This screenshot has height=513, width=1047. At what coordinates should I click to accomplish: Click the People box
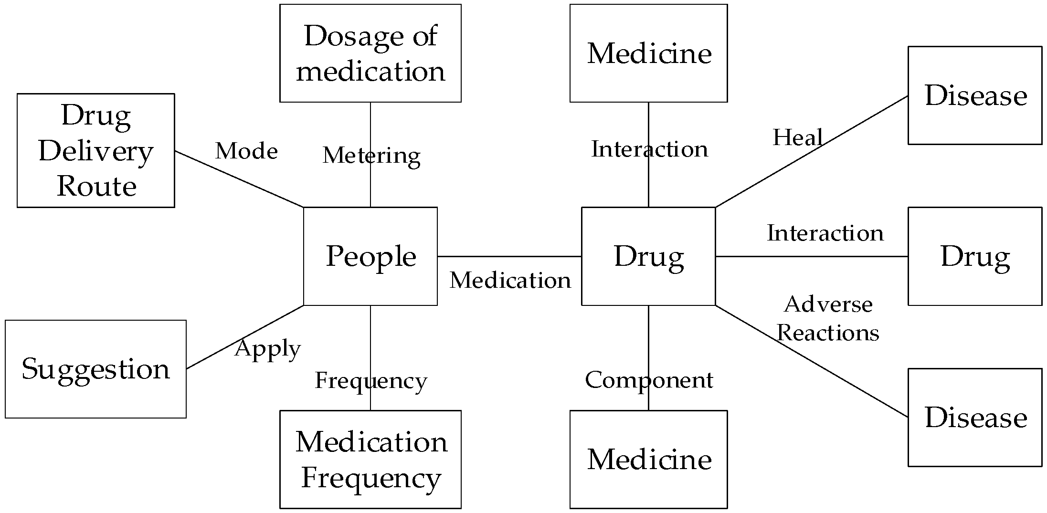[370, 256]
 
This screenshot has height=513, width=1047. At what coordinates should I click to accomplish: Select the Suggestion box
[95, 369]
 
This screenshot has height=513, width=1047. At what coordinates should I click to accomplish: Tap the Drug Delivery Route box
[95, 150]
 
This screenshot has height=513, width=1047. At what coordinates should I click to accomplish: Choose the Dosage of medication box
[370, 53]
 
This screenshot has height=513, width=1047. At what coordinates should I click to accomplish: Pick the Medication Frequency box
[370, 459]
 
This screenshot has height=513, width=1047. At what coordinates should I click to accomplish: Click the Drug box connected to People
[648, 256]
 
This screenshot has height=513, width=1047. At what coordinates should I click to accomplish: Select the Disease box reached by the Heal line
[975, 95]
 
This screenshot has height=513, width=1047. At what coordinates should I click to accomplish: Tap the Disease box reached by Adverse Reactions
[975, 417]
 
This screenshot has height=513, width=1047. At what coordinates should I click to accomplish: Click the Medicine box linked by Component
[648, 459]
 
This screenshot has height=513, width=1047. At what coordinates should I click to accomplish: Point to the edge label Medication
[510, 280]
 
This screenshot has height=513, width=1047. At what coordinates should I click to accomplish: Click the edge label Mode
[246, 151]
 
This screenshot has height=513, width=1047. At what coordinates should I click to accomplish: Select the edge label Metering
[371, 156]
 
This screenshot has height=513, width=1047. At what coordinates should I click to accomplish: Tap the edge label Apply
[267, 349]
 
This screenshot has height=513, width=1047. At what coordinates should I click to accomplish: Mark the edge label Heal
[797, 138]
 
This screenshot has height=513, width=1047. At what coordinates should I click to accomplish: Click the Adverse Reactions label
[828, 318]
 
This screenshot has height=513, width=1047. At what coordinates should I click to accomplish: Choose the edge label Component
[648, 380]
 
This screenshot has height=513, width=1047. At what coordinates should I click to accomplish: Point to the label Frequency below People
[370, 381]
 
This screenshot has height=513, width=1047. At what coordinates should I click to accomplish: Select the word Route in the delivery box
[97, 186]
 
